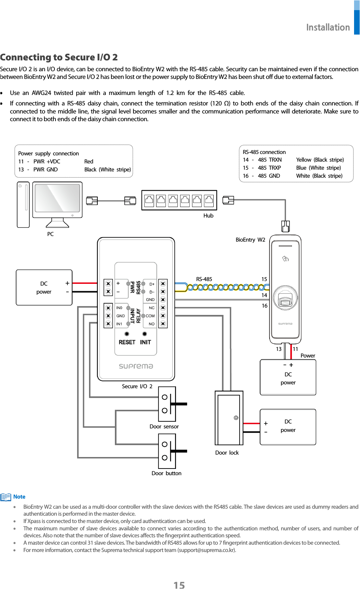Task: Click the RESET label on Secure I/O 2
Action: pos(127,342)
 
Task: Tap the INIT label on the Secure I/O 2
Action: pos(145,342)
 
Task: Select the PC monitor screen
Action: pos(58,198)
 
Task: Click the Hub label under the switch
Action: pos(208,216)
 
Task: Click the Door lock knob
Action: pos(236,418)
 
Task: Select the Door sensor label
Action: pos(164,426)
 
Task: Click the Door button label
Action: pos(166,473)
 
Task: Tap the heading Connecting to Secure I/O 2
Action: pos(59,57)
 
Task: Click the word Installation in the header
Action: pos(328,27)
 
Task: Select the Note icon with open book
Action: pos(6,497)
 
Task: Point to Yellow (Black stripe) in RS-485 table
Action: pos(320,160)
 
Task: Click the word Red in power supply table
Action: pos(89,161)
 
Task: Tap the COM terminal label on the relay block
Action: pos(150,316)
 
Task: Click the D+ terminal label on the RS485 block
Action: pos(152,284)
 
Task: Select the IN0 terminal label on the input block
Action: pos(119,308)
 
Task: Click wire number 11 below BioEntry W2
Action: pos(295,349)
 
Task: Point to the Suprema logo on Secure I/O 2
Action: pos(136,366)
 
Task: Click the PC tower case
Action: pos(23,205)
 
